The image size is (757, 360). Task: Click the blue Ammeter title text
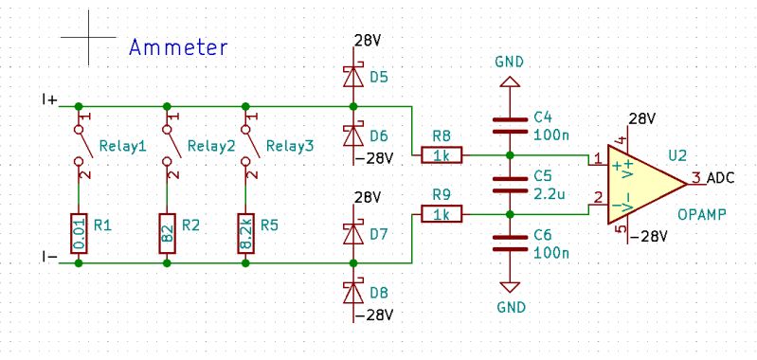click(179, 46)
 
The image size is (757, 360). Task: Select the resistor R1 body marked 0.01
click(79, 232)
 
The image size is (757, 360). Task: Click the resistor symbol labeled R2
click(168, 232)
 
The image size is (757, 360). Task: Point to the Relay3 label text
click(288, 146)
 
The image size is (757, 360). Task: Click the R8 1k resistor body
click(442, 154)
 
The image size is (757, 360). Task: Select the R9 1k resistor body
click(442, 215)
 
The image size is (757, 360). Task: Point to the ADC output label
click(720, 178)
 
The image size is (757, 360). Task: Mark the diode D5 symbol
click(353, 74)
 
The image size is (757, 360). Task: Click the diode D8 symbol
click(353, 290)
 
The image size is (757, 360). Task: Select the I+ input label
click(49, 99)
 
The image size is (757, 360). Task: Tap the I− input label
click(49, 257)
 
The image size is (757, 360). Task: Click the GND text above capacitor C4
click(510, 62)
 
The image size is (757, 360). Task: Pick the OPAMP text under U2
click(702, 215)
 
